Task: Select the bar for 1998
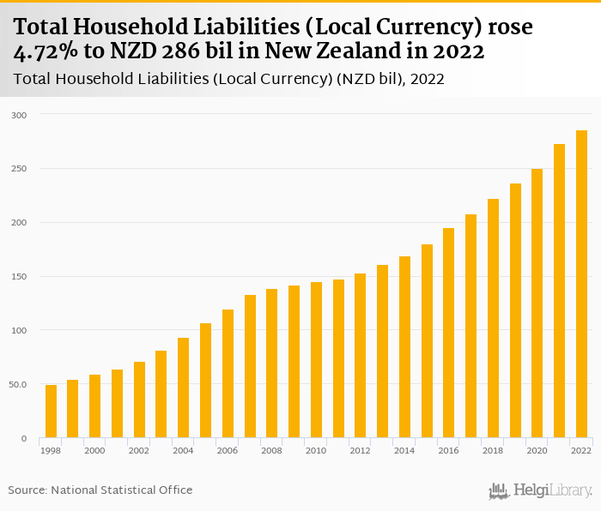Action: tap(51, 412)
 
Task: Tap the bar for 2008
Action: tap(271, 364)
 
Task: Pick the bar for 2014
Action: tap(404, 347)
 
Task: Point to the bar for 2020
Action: tap(537, 304)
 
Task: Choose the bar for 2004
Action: tap(183, 388)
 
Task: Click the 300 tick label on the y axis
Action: tap(20, 115)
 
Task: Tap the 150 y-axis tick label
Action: tap(20, 277)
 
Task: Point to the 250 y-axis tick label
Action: tap(20, 169)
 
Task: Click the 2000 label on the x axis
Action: tap(95, 450)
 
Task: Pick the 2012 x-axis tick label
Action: tap(361, 450)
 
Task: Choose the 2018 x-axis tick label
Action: tap(493, 450)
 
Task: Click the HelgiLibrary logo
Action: tap(541, 490)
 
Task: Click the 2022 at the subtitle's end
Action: tap(427, 80)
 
